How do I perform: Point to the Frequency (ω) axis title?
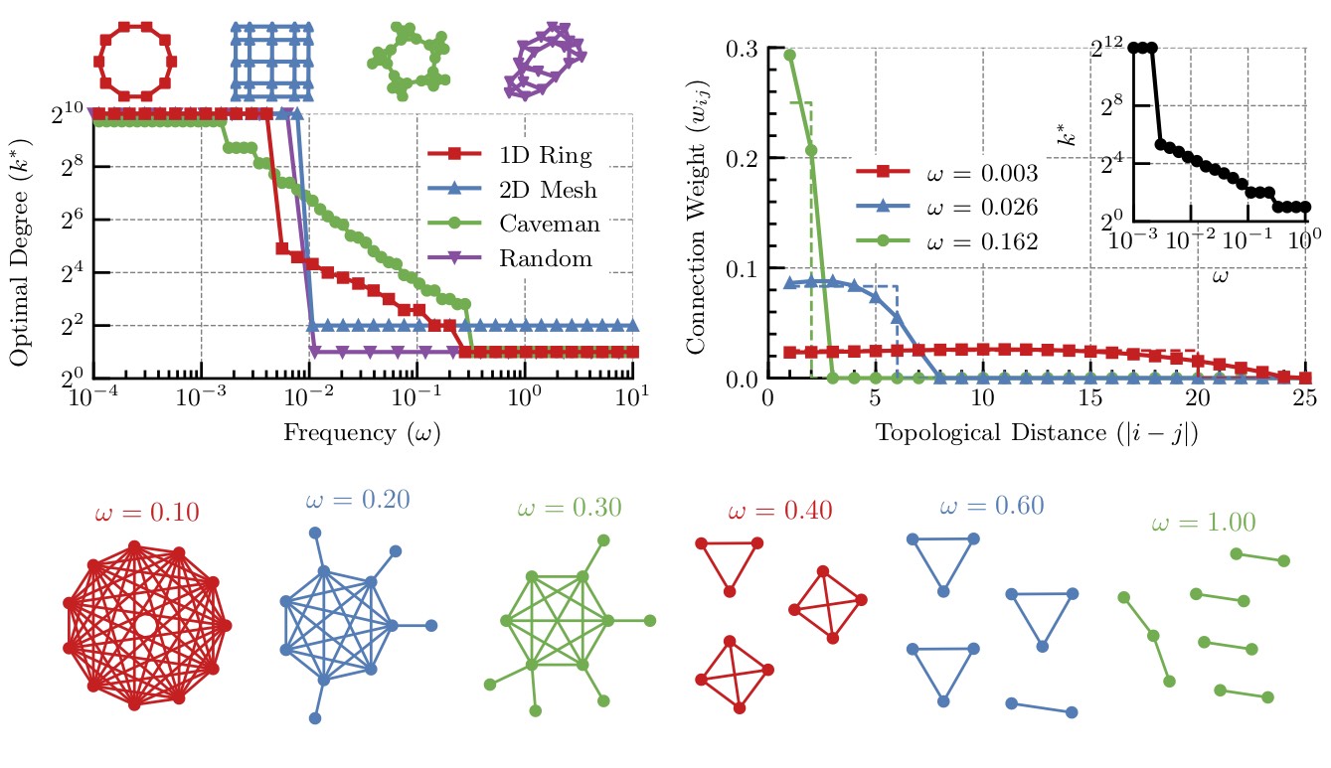(x=362, y=433)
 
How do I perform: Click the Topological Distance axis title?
(x=1037, y=433)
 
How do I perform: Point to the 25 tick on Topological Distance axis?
(x=1306, y=402)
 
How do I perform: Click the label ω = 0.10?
(x=147, y=514)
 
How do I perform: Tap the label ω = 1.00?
(x=1203, y=523)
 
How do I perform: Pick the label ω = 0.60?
(x=991, y=506)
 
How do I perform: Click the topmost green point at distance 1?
(x=789, y=55)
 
